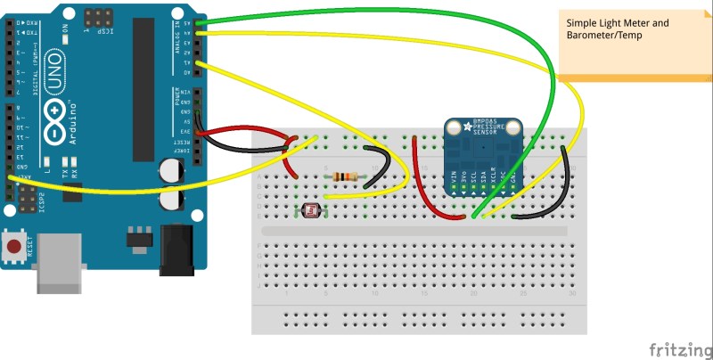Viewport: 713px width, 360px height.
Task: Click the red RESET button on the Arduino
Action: pyautogui.click(x=15, y=245)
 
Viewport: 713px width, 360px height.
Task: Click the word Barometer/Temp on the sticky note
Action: pyautogui.click(x=605, y=35)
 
